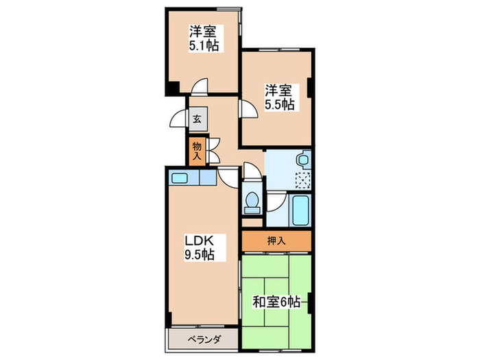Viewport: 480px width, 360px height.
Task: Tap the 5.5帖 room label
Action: point(280,97)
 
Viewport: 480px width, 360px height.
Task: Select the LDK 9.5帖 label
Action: point(200,248)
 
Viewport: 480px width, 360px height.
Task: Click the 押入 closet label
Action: point(276,241)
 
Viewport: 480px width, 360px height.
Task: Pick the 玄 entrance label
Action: point(197,119)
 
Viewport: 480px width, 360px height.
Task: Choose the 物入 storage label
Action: point(197,150)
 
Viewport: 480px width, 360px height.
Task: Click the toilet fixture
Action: point(252,203)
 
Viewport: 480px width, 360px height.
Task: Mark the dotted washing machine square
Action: point(302,180)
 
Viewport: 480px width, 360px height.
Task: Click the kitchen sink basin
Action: point(180,178)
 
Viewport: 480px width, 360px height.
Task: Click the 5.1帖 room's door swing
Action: point(200,87)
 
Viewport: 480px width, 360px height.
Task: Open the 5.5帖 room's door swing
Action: point(245,110)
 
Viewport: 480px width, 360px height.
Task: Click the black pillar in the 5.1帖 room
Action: point(172,88)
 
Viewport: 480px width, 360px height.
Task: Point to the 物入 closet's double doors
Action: point(213,149)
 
